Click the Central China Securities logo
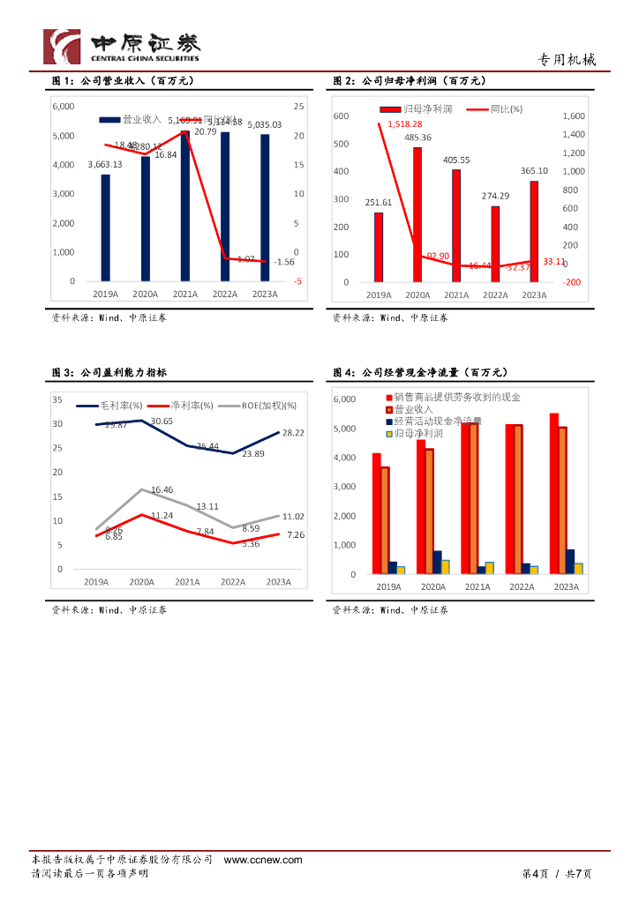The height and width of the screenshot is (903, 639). click(122, 46)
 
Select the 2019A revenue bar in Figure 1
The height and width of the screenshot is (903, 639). click(106, 228)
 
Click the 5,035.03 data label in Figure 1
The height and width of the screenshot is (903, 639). click(264, 125)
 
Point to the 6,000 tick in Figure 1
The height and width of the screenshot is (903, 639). click(64, 106)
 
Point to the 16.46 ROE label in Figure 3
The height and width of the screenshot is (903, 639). click(162, 489)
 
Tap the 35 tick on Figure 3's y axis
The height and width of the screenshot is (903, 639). click(57, 399)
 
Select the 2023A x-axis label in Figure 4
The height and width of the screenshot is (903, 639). click(565, 586)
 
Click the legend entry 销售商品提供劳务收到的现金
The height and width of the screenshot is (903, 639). click(452, 398)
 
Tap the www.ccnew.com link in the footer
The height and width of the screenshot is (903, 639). click(263, 860)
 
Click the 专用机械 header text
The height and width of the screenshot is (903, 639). click(567, 60)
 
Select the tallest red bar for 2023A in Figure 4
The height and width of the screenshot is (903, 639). click(554, 494)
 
